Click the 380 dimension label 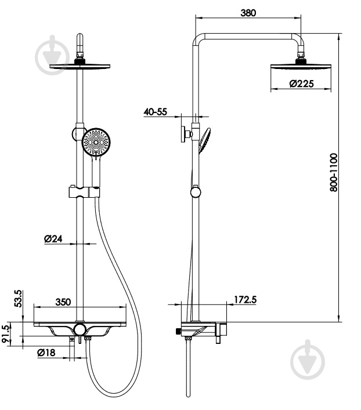coord(248,13)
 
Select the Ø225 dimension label coord(301,84)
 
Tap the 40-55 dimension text coord(155,112)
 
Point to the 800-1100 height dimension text coord(334,173)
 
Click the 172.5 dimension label coord(245,300)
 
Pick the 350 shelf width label coord(63,302)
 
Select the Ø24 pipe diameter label coord(53,239)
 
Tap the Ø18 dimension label coord(46,353)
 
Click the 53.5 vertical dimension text coord(19,298)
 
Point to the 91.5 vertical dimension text coord(6,334)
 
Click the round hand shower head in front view coord(96,142)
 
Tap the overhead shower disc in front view coord(80,67)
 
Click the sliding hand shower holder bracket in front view coord(84,192)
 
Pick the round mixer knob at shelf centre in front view coord(80,329)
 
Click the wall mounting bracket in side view coord(186,135)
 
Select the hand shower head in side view coord(204,140)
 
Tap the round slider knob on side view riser coord(195,193)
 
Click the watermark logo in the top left coord(52,56)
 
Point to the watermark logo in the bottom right coord(308,360)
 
